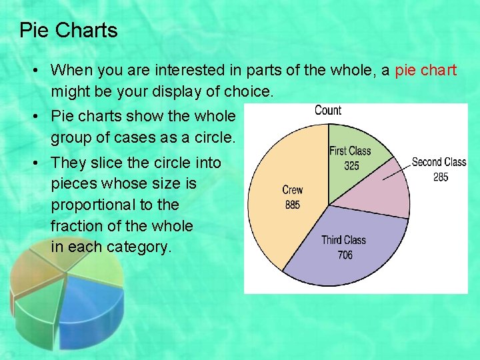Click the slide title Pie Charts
69,31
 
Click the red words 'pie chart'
425,70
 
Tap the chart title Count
327,110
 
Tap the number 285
440,177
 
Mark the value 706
344,255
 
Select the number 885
292,205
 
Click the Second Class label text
439,162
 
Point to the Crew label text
292,190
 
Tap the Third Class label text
343,240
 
